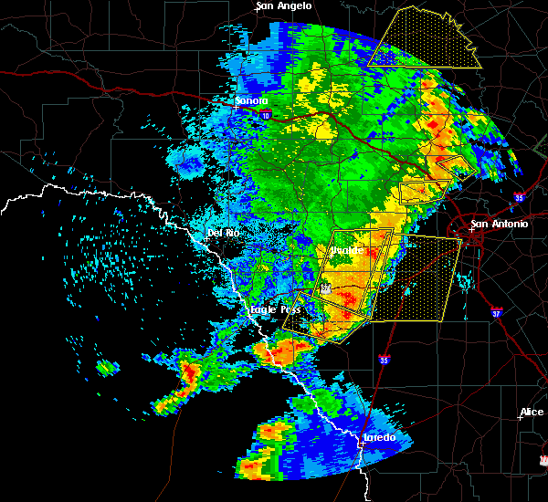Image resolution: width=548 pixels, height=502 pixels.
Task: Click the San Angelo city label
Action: tap(284, 6)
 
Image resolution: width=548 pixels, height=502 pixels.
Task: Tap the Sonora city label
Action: tap(251, 100)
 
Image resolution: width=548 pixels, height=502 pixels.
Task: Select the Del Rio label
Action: tap(222, 233)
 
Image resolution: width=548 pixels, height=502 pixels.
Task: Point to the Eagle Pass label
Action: tap(275, 310)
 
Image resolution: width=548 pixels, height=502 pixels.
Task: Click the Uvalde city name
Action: tap(345, 249)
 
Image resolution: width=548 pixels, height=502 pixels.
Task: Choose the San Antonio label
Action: tap(499, 224)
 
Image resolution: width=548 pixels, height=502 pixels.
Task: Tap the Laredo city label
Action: tap(379, 438)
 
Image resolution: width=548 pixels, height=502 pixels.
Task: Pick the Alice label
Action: tap(532, 413)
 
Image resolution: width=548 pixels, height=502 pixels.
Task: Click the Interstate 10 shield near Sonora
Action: tap(265, 115)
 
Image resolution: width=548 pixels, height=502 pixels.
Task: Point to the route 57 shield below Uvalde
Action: tap(325, 289)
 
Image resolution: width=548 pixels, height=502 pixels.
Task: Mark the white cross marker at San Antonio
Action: tap(473, 230)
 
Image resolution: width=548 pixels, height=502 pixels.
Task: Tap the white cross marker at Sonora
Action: tap(236, 107)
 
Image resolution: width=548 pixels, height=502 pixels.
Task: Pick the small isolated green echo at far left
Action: tap(108, 369)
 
